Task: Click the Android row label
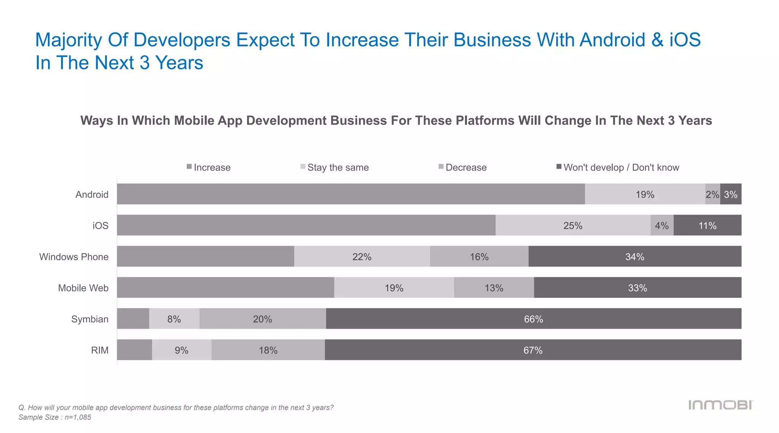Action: [92, 194]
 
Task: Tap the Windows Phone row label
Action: [74, 257]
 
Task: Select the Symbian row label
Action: [90, 319]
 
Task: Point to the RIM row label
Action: [100, 350]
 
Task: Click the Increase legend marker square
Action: [189, 167]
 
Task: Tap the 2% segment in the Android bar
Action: [712, 194]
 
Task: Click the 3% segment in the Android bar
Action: [731, 194]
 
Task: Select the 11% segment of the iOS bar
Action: [707, 225]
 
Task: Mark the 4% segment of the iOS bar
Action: [662, 225]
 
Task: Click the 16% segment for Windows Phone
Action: [479, 256]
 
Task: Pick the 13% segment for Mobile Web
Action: [494, 288]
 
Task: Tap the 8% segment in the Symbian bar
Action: [174, 319]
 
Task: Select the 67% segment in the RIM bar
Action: [533, 350]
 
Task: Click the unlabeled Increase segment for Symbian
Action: [133, 319]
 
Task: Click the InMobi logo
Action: [720, 405]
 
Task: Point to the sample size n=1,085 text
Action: [55, 417]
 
